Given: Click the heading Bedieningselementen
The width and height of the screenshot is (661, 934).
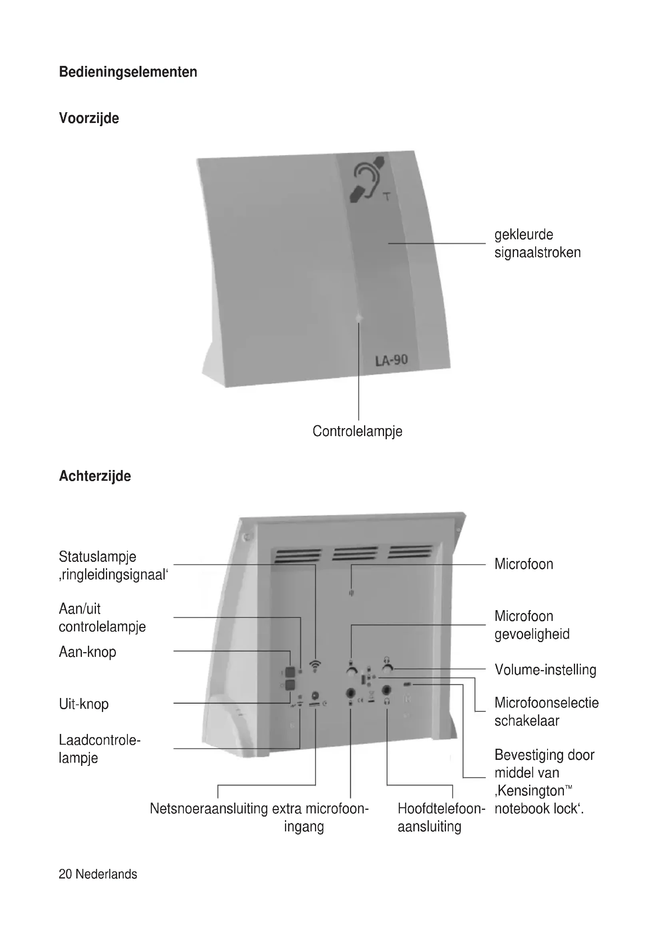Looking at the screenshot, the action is (128, 72).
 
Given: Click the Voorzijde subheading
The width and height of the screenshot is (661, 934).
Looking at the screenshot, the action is (89, 118).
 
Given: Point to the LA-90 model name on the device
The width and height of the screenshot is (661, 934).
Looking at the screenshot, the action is (391, 360).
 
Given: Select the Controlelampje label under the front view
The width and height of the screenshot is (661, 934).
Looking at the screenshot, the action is (357, 431).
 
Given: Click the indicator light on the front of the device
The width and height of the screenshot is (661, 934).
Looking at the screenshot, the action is (358, 318).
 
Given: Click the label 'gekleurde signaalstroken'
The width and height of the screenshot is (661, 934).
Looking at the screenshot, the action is (537, 243).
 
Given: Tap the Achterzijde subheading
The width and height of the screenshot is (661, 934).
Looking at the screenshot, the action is (95, 476).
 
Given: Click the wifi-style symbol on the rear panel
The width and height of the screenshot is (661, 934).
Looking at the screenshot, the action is (315, 666).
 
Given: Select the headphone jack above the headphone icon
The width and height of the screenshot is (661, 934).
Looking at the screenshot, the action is (387, 690).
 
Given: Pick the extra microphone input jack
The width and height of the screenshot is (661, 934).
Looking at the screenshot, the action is (350, 692).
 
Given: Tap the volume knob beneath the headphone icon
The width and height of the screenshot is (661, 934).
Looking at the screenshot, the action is (388, 670).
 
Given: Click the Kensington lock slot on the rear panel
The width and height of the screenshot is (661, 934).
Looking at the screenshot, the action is (407, 685).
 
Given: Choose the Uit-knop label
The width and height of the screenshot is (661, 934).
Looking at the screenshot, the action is (84, 704).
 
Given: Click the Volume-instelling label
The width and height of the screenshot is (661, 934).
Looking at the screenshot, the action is (545, 670).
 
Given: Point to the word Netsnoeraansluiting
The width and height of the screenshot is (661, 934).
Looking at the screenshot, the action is (209, 809).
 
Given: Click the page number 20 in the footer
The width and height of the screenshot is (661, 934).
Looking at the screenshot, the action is (65, 874).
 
